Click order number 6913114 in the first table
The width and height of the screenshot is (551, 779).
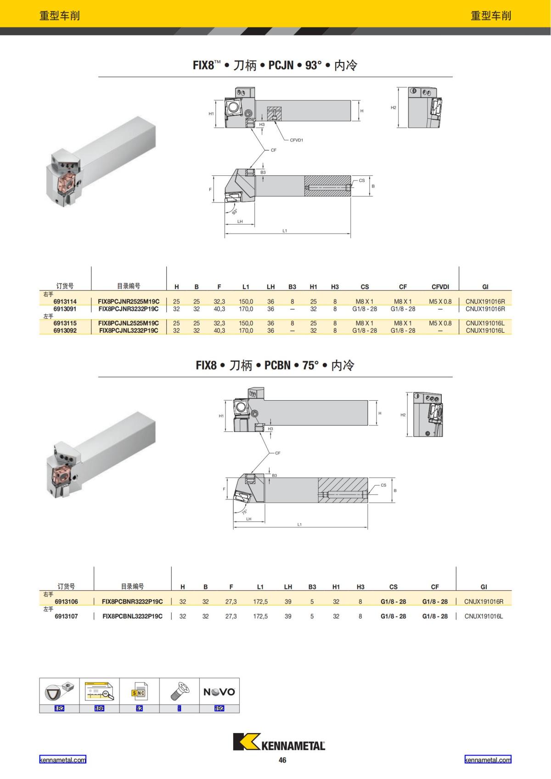(65, 302)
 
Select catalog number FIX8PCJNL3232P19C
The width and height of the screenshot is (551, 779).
(129, 331)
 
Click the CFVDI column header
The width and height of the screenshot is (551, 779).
(440, 287)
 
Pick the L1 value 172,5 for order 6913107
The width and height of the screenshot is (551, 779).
(260, 616)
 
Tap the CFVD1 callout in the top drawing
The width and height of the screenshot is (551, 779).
(297, 140)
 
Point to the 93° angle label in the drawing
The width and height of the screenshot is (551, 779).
(235, 211)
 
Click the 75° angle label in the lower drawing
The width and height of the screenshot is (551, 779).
(245, 511)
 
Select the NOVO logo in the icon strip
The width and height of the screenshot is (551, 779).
(219, 692)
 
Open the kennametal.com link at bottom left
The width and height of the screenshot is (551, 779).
(62, 760)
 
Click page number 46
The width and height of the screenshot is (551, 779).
(282, 760)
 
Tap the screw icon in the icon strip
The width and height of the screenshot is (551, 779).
(179, 691)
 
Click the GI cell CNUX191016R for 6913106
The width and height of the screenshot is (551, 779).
(484, 601)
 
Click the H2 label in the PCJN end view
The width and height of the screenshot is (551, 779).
(393, 107)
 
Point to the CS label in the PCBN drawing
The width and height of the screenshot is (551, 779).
(383, 485)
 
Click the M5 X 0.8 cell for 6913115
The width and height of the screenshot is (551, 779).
(440, 323)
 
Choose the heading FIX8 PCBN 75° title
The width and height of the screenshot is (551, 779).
(275, 365)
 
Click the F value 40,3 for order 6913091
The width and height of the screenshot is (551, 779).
(219, 309)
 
